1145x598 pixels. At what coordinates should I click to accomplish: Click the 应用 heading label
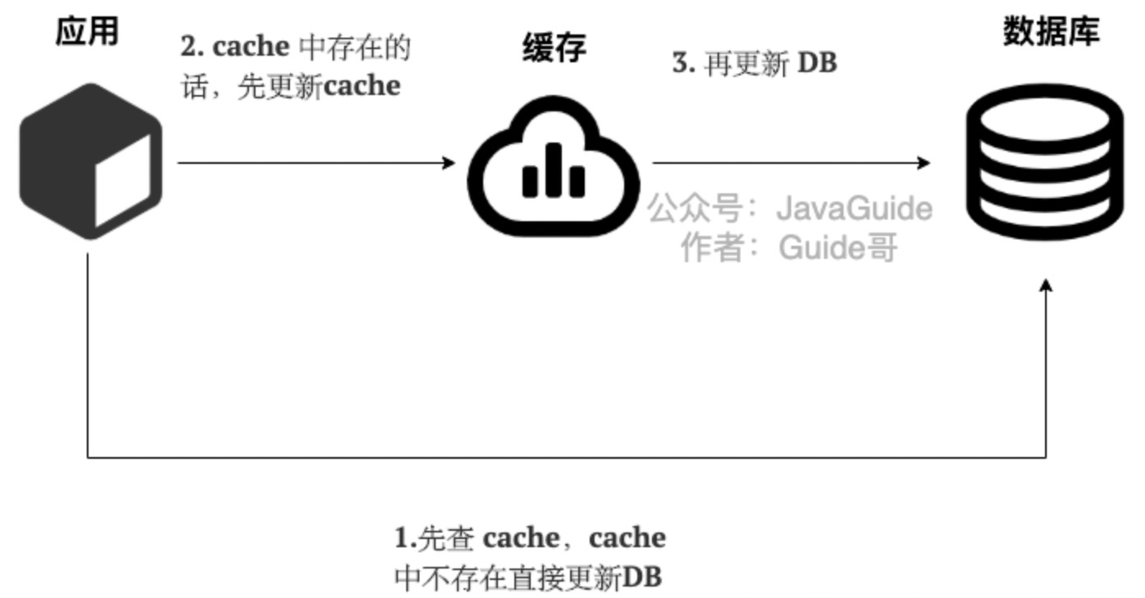point(87,32)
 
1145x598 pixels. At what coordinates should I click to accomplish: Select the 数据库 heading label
point(1051,32)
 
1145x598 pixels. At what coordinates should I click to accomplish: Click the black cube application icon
point(90,161)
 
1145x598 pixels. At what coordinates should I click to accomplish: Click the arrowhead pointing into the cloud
point(449,163)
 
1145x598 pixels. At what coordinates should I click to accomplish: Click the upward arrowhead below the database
point(1045,284)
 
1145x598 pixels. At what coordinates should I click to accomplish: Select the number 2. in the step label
point(192,48)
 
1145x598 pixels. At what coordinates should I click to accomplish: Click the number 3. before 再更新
point(683,64)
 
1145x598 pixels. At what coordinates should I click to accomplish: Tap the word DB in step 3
point(817,64)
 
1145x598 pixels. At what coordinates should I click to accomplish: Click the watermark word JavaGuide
point(853,209)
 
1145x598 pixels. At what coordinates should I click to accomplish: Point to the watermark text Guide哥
point(838,247)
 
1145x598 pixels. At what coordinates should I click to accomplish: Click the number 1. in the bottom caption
point(405,538)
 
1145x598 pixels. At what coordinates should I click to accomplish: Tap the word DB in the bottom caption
point(642,578)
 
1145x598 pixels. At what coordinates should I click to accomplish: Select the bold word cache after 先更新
point(361,85)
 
